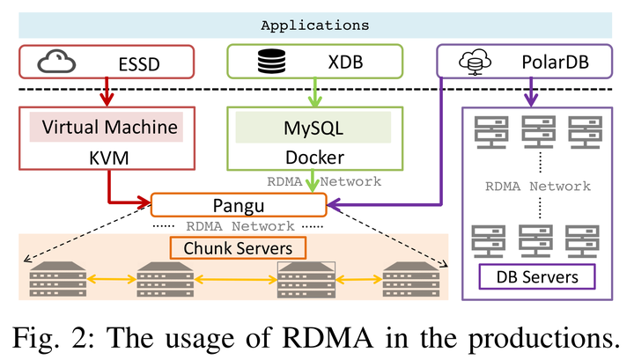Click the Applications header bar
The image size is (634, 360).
(317, 26)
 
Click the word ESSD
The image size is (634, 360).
(143, 64)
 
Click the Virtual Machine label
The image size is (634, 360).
(106, 127)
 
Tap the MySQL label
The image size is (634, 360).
(313, 128)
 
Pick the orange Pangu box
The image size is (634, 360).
(240, 205)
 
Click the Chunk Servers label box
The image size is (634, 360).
(238, 248)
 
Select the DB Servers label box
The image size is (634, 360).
(536, 277)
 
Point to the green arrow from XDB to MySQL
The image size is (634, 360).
(313, 92)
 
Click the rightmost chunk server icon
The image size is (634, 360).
(411, 280)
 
